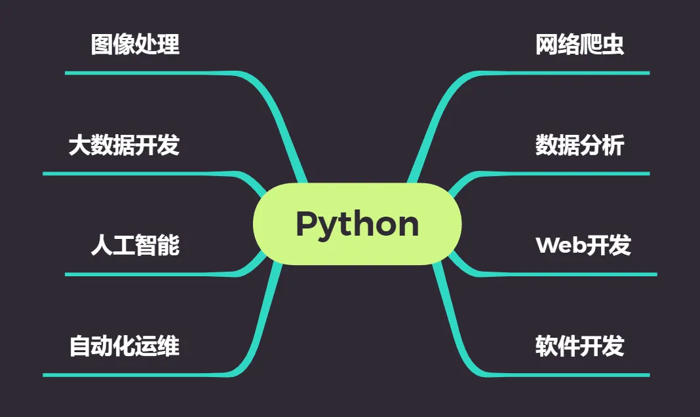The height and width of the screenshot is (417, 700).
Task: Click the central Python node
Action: [357, 224]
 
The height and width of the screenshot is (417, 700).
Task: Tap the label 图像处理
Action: [135, 45]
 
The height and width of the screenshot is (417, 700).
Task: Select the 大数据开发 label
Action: [124, 145]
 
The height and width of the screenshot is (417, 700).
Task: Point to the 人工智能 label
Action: [135, 245]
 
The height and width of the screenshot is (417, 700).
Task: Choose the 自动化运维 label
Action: [124, 346]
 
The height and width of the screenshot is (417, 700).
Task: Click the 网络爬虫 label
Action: [579, 45]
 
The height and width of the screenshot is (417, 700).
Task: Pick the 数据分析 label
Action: [579, 145]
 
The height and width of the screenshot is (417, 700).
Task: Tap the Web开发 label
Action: [583, 245]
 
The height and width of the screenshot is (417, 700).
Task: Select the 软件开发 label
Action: [579, 346]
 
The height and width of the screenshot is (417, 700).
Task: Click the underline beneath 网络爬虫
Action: [570, 73]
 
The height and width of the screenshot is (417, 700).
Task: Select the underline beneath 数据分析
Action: [570, 173]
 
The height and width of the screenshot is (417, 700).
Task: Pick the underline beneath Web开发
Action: [577, 274]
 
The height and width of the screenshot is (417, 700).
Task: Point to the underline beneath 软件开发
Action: [570, 374]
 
